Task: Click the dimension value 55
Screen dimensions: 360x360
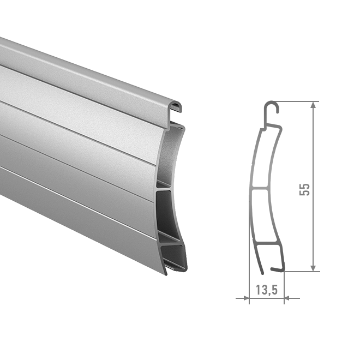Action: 304,190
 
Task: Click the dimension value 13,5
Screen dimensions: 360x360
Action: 267,290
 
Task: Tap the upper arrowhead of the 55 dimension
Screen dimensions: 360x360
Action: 313,105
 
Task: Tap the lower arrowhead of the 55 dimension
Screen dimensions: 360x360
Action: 313,268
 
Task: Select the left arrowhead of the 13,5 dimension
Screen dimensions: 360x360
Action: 246,298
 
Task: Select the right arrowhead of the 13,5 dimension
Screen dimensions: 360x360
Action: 287,298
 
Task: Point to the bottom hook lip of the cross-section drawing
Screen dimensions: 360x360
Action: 278,269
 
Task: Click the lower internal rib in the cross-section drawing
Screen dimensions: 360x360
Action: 268,243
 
